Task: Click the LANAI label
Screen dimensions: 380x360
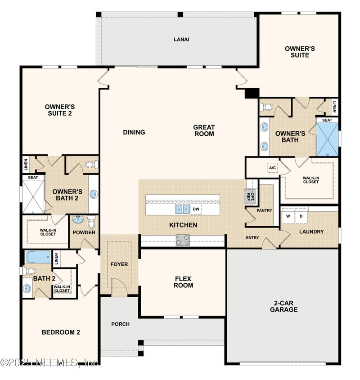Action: (x=181, y=39)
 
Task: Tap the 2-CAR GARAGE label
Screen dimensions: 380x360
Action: (x=283, y=306)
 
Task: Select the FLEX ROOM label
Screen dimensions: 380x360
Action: (x=184, y=282)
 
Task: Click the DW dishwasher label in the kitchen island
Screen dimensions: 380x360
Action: (x=196, y=209)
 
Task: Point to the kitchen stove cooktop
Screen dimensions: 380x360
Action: (x=182, y=241)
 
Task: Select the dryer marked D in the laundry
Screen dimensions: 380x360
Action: (x=301, y=216)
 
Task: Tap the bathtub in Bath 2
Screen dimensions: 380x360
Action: (x=38, y=257)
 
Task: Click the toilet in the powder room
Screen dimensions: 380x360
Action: (x=91, y=222)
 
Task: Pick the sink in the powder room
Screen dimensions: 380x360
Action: (x=78, y=220)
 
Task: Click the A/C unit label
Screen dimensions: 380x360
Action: (x=272, y=168)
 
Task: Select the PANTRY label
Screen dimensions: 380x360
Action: (x=264, y=210)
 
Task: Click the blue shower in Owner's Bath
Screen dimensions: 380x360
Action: (x=327, y=139)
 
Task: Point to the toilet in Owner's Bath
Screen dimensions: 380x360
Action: (x=267, y=107)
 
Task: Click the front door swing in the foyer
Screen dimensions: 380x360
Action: (x=119, y=286)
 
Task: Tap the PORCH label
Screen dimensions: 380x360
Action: (x=120, y=324)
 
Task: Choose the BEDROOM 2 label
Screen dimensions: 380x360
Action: (x=61, y=332)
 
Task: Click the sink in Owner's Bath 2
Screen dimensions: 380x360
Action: (x=94, y=194)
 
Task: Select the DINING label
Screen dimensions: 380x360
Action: (x=134, y=132)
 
